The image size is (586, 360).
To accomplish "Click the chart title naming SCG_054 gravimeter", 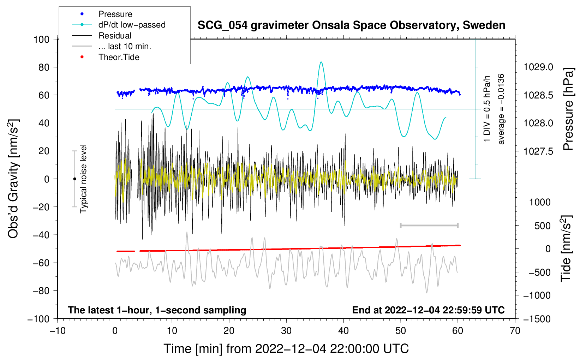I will [x=351, y=25].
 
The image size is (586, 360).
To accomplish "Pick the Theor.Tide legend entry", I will [x=119, y=57].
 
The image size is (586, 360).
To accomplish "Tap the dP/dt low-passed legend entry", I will [x=132, y=25].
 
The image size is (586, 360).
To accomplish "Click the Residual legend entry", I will [x=115, y=36].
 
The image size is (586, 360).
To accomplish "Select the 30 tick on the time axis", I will [x=286, y=331].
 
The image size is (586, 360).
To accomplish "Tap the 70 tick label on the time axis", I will [x=515, y=331].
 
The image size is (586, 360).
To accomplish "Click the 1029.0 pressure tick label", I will [x=538, y=67].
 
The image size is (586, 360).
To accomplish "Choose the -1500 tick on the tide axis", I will [x=537, y=319].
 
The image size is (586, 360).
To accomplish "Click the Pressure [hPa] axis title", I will [x=568, y=109].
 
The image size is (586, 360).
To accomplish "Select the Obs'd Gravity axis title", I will [x=13, y=179].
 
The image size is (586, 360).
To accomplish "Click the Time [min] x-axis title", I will [x=286, y=349].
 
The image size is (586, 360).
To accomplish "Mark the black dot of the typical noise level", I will [x=74, y=179].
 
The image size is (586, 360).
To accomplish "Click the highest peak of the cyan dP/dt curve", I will [x=321, y=62].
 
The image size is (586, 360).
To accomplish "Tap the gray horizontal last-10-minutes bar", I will [x=429, y=225].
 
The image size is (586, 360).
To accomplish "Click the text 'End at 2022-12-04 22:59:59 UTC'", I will [x=428, y=310].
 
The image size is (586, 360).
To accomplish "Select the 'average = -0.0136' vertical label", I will [x=501, y=109].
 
